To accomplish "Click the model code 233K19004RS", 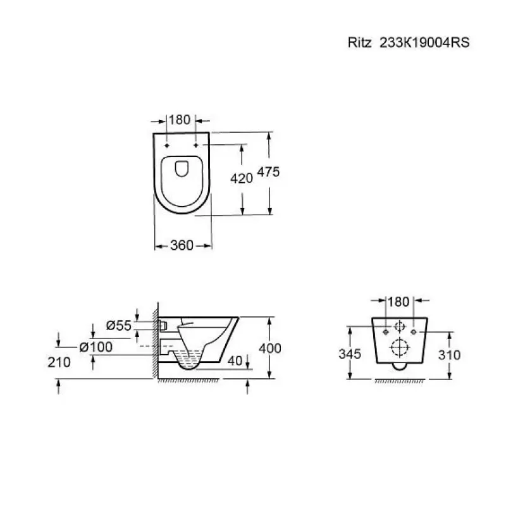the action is point(424,42).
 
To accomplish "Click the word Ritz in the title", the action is point(359,42).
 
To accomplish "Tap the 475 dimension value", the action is point(268,172).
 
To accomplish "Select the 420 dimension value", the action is point(242,178).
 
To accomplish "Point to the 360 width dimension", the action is point(182,245).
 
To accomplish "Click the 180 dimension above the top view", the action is point(180,120).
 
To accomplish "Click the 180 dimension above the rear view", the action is point(398,302).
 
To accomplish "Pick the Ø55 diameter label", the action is point(119,325).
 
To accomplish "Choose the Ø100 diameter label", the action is point(96,347).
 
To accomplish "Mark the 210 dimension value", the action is point(59,362).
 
